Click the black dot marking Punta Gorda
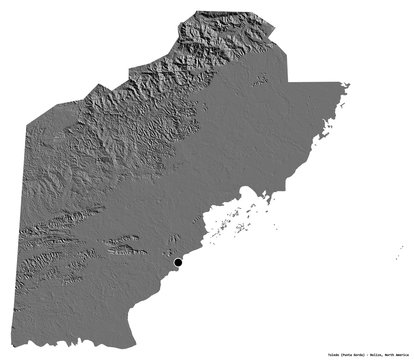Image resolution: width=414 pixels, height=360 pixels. point(178,262)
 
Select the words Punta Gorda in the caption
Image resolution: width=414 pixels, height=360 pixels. point(351,354)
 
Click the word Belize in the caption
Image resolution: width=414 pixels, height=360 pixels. point(376,354)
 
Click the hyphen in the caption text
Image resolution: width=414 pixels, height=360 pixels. point(367,354)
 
